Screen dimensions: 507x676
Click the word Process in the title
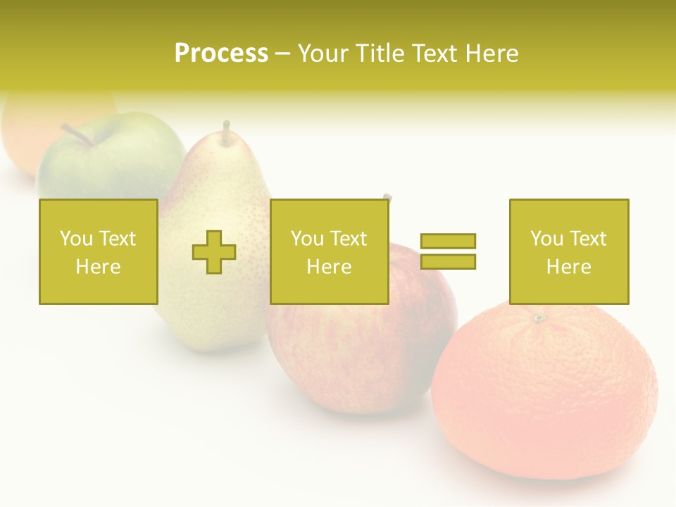click(x=221, y=54)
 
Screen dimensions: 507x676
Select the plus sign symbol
click(x=214, y=252)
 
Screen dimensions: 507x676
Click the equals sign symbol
click(x=448, y=251)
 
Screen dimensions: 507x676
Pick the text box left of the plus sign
click(x=98, y=252)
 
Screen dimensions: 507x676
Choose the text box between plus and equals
click(x=329, y=252)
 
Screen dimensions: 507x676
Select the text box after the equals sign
click(x=568, y=252)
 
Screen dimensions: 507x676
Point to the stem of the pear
click(x=226, y=132)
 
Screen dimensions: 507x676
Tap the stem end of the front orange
click(x=539, y=318)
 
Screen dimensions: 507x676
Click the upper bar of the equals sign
click(x=448, y=241)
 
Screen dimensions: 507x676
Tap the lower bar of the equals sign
click(x=448, y=262)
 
